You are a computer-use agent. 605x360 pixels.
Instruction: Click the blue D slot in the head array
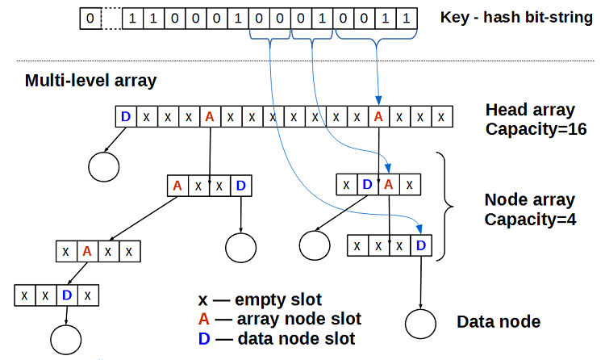[x=126, y=117]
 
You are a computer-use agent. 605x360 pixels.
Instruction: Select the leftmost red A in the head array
[x=210, y=117]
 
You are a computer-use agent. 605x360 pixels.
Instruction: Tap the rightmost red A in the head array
[x=378, y=117]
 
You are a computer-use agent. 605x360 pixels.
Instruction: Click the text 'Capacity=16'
[x=531, y=128]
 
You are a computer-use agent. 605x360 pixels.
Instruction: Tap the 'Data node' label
[x=499, y=322]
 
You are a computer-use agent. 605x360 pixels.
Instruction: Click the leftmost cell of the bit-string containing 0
[x=90, y=17]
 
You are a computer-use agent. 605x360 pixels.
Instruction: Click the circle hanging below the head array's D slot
[x=103, y=167]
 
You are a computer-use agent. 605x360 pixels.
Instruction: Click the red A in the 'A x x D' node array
[x=177, y=186]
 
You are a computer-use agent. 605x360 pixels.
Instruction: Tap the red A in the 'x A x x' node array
[x=87, y=251]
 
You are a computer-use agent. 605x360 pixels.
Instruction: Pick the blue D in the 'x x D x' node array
[x=67, y=295]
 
